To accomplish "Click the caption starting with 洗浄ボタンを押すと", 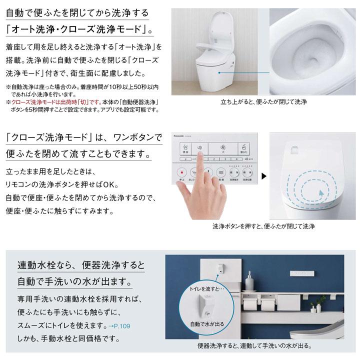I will tap(263, 226).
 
